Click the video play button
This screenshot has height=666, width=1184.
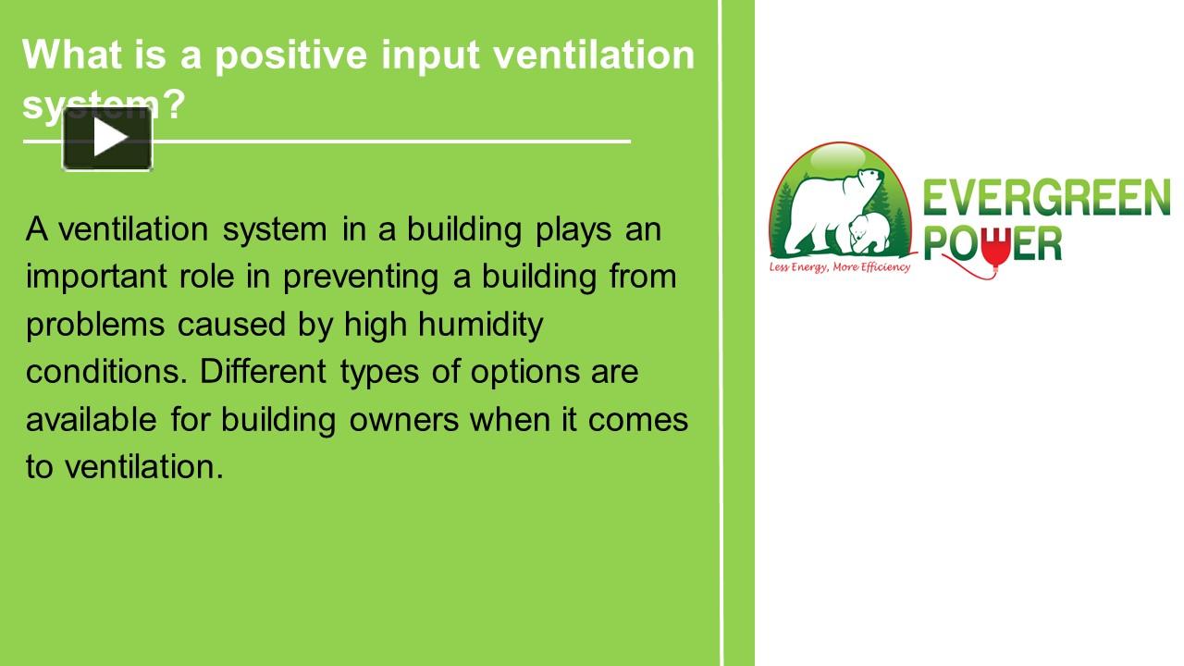point(107,139)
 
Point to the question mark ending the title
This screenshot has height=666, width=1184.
point(174,103)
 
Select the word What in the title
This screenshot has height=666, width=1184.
point(72,54)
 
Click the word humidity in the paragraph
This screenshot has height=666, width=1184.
point(480,325)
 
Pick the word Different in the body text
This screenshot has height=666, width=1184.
point(263,371)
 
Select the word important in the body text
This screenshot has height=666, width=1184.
point(97,277)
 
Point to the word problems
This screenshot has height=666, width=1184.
point(95,326)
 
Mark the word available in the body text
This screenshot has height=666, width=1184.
point(92,419)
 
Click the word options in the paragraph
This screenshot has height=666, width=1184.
point(525,373)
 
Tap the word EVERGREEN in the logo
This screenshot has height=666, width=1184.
point(1046,198)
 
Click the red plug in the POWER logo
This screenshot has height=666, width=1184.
point(996,248)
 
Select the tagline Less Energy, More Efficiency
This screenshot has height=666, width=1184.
point(839,267)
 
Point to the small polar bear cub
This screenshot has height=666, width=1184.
point(867,232)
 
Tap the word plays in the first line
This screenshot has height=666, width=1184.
point(573,231)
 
